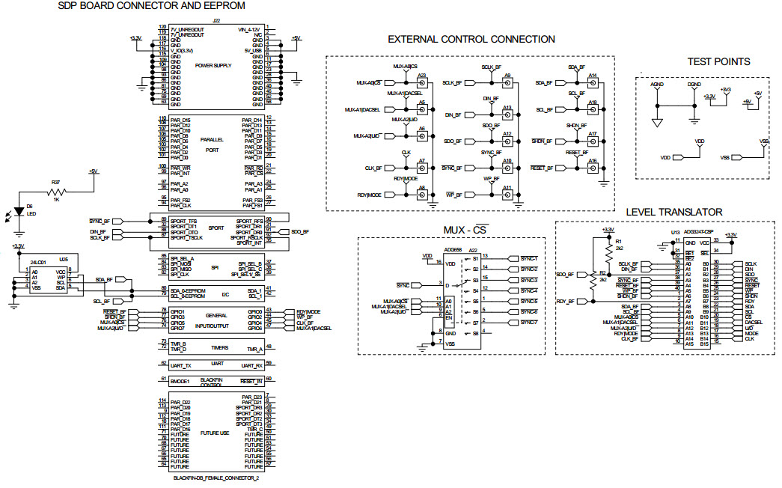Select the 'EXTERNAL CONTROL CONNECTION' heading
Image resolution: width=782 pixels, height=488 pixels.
(x=471, y=40)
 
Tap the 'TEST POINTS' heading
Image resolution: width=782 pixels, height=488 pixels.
(x=718, y=61)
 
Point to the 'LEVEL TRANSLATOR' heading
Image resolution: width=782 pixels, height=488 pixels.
(x=673, y=213)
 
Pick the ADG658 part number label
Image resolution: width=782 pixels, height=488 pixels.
(x=453, y=250)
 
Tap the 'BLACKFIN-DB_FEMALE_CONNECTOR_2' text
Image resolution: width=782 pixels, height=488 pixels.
(x=216, y=478)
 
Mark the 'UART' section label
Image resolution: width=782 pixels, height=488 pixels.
(x=217, y=363)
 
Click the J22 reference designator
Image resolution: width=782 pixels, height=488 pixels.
(x=216, y=22)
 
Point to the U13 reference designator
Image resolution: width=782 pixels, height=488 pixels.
(x=674, y=233)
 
